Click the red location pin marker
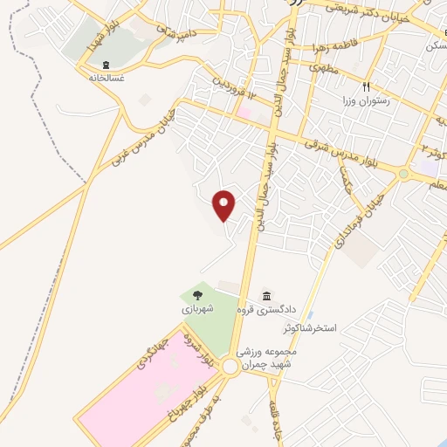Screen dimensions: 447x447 point(225,205)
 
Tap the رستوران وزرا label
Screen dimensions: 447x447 point(367,100)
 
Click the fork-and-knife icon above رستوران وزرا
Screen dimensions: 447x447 point(367,87)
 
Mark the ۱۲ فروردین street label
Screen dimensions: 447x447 point(235,89)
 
